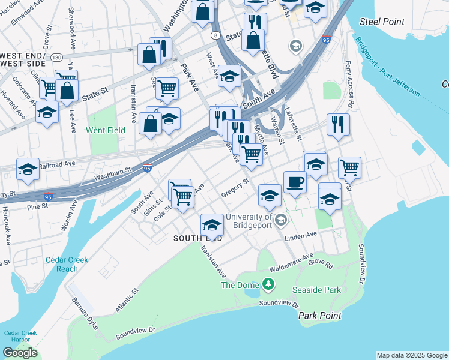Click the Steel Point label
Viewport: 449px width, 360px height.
tap(382, 22)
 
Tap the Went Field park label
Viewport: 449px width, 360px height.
tap(106, 130)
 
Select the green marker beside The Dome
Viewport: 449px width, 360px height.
tap(270, 284)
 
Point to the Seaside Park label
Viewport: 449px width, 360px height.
tap(316, 290)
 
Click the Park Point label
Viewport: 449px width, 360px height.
tap(319, 316)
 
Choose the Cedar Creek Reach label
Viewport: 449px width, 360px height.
tap(67, 264)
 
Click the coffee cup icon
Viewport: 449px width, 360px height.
tap(294, 182)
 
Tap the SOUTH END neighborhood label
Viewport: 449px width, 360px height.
tap(197, 238)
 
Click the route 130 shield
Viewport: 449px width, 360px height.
tap(57, 58)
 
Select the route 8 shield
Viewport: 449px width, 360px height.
tap(215, 36)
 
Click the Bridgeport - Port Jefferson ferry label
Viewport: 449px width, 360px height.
tap(387, 67)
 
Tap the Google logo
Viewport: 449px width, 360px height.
tap(20, 353)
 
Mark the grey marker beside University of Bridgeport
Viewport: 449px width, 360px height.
tap(280, 221)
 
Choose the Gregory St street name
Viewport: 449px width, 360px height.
tap(235, 187)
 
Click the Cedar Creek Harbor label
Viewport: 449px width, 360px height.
tap(20, 337)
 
